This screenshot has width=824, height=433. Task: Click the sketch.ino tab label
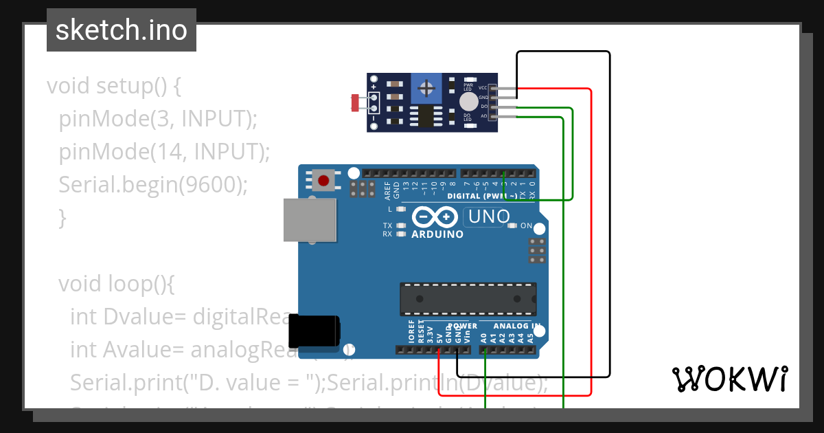122,30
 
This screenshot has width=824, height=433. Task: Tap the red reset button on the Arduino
323,181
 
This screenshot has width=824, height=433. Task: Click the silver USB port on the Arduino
310,220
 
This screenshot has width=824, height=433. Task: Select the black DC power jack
314,331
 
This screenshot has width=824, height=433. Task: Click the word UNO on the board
488,217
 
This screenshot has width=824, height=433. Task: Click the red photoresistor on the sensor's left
355,103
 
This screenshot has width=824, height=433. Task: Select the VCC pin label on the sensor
483,88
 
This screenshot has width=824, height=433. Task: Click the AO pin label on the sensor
483,116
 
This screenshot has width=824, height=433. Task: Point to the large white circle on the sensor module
469,102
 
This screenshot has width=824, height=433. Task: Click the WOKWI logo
729,379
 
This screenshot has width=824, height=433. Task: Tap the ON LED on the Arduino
512,225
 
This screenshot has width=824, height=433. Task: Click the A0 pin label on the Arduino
484,337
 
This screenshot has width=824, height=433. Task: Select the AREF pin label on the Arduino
387,189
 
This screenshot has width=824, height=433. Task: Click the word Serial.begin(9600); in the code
152,184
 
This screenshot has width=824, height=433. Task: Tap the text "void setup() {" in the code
113,87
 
